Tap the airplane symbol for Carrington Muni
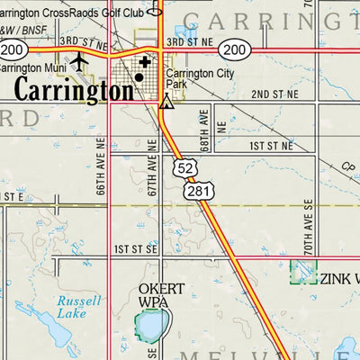click(79, 60)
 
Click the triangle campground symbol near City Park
click(166, 103)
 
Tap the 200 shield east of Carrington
click(234, 50)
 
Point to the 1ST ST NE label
click(272, 145)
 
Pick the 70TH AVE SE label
click(307, 229)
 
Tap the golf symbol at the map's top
click(154, 11)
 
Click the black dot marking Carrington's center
click(139, 78)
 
